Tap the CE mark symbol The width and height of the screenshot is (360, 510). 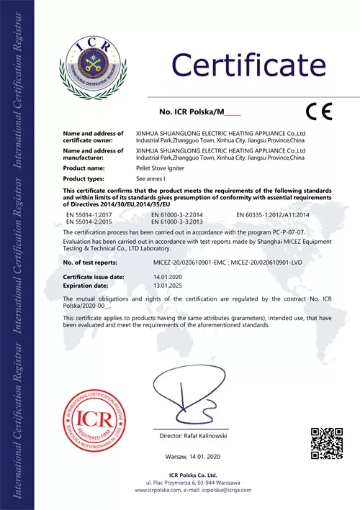click(x=317, y=111)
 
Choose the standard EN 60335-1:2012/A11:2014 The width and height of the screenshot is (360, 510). click(x=272, y=215)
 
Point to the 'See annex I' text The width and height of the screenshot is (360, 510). click(x=150, y=178)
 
